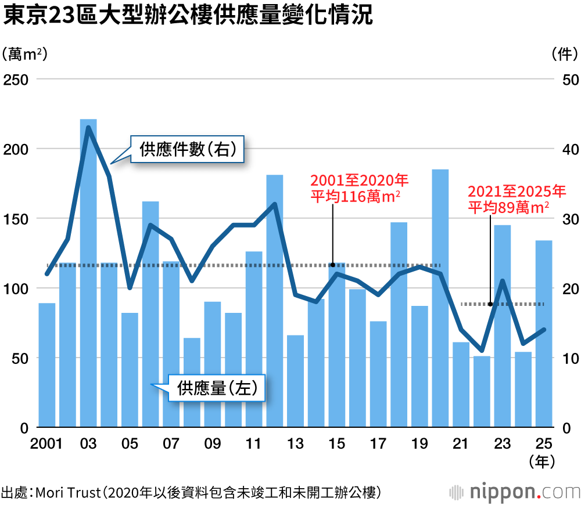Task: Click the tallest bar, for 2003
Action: pyautogui.click(x=88, y=273)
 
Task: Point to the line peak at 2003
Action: pyautogui.click(x=88, y=127)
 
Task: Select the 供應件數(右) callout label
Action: pyautogui.click(x=188, y=150)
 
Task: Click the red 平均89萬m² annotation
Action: pyautogui.click(x=508, y=208)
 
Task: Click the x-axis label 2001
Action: pyautogui.click(x=46, y=444)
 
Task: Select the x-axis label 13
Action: pyautogui.click(x=295, y=444)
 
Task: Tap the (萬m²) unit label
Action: pyautogui.click(x=24, y=55)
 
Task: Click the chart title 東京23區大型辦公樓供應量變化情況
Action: pyautogui.click(x=187, y=16)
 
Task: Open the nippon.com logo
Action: pyautogui.click(x=514, y=492)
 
